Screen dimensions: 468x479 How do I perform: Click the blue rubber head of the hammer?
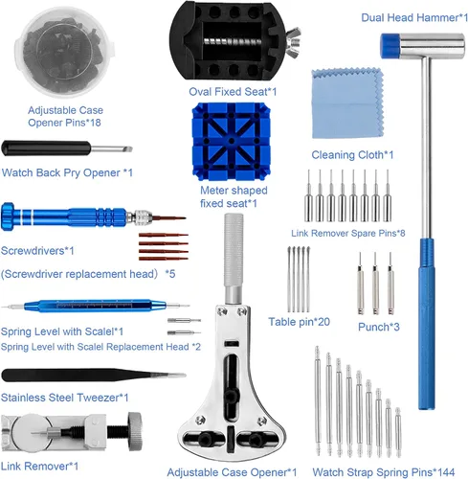point(390,46)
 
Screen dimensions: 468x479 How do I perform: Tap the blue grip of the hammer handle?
point(427,324)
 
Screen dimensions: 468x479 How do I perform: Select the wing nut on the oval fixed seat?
point(293,42)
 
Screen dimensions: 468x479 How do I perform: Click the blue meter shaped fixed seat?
point(232,142)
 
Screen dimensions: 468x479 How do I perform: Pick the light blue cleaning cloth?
point(347,103)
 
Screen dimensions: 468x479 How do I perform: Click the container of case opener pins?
point(64,52)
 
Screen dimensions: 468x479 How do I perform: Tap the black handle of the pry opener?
point(46,148)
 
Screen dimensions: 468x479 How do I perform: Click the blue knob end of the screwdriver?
point(8,217)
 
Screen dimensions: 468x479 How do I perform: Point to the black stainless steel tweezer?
point(94,376)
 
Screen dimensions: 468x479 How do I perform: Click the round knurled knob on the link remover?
point(135,431)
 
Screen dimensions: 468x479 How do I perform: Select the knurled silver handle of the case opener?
point(234,250)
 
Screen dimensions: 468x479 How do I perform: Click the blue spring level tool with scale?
point(95,306)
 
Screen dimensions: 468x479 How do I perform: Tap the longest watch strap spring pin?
point(318,400)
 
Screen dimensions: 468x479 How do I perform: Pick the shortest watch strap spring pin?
point(398,432)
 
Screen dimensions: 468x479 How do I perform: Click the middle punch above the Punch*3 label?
point(375,284)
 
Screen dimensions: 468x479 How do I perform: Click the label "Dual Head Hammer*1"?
point(414,17)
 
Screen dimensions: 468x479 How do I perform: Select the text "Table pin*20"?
point(299,322)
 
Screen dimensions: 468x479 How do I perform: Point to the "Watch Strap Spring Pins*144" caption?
point(384,472)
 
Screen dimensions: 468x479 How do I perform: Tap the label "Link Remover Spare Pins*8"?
point(348,234)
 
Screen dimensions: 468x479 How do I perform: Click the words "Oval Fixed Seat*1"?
point(233,92)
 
